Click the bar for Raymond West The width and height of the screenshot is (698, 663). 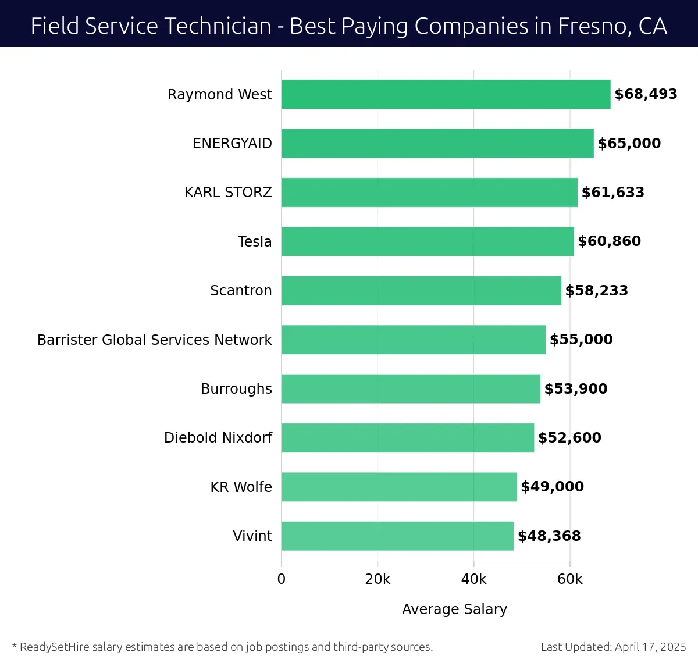point(446,94)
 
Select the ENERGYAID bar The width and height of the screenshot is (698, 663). point(437,144)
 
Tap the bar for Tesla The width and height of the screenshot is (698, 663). point(428,241)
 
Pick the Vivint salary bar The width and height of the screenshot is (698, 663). point(397,536)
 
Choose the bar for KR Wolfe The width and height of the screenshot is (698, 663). point(399,487)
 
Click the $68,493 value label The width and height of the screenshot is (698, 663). point(646,94)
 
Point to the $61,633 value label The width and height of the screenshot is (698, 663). point(612,193)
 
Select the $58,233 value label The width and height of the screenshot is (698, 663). point(596,291)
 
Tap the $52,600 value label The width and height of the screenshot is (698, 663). point(569,438)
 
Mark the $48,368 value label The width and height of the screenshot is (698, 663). point(549,536)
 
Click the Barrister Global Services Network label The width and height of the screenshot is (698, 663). point(155,340)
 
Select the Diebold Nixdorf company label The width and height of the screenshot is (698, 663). point(218,438)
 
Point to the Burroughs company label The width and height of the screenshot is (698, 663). point(236,389)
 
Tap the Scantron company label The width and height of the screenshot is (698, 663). point(241,291)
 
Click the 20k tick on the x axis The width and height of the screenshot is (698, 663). point(378,579)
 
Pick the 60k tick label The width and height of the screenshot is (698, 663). point(569,579)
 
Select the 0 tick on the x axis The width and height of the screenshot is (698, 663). point(282,579)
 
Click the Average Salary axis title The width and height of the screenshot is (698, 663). point(454,609)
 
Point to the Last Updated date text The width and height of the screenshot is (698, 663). point(613,647)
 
